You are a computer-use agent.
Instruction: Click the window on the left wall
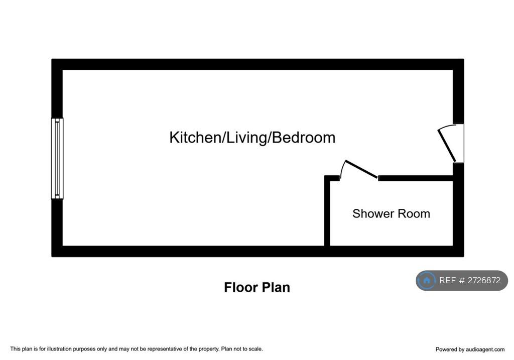coord(57,158)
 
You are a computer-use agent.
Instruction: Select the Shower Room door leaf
coord(361,169)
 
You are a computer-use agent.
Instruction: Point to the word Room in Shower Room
coord(413,214)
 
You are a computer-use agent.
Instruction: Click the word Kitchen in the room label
coord(195,138)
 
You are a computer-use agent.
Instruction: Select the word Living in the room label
coord(246,138)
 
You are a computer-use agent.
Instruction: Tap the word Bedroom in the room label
coord(304,138)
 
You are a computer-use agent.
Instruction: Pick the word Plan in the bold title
coord(277,287)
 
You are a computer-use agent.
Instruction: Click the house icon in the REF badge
coord(427,280)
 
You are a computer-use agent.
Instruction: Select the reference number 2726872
coord(484,280)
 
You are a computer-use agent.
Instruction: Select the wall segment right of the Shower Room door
coord(416,178)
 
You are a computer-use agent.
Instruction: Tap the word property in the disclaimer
coord(208,349)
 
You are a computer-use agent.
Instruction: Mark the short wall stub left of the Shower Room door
coord(332,178)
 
